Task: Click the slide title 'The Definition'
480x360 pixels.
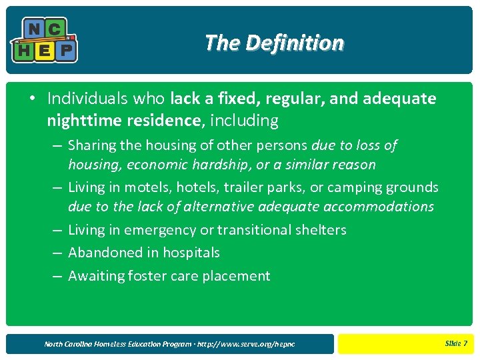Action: [274, 43]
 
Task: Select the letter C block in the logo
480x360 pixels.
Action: [55, 29]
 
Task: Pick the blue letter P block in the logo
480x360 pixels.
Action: [66, 51]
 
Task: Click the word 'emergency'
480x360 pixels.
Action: [163, 230]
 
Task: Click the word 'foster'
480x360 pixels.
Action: [148, 276]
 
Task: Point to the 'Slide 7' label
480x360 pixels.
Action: [455, 343]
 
